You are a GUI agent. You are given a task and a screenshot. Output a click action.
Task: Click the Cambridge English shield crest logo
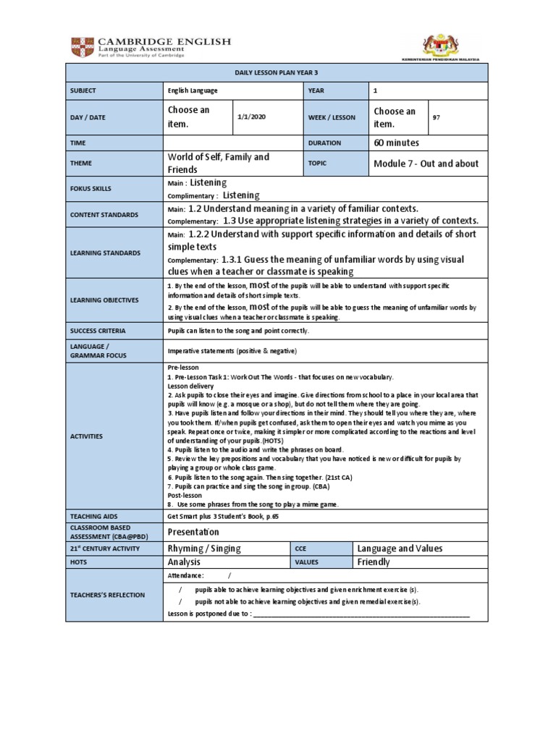[x=80, y=48]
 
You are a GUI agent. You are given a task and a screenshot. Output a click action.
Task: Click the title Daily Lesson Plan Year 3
[x=277, y=72]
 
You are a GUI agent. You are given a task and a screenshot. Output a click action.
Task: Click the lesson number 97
[x=436, y=117]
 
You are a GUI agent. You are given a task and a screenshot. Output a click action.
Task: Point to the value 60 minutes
[x=396, y=143]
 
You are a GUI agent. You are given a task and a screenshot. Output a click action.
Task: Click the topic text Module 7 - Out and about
[x=426, y=164]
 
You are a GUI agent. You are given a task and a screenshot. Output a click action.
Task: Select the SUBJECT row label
[x=84, y=90]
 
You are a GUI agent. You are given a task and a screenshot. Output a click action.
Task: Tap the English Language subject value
[x=192, y=90]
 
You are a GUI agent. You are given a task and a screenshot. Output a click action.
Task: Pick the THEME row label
[x=82, y=164]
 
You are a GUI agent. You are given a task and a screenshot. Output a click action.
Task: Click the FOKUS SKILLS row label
[x=90, y=189]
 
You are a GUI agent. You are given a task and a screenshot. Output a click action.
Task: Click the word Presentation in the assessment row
[x=193, y=532]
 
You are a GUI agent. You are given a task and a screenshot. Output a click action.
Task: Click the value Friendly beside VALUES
[x=374, y=562]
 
